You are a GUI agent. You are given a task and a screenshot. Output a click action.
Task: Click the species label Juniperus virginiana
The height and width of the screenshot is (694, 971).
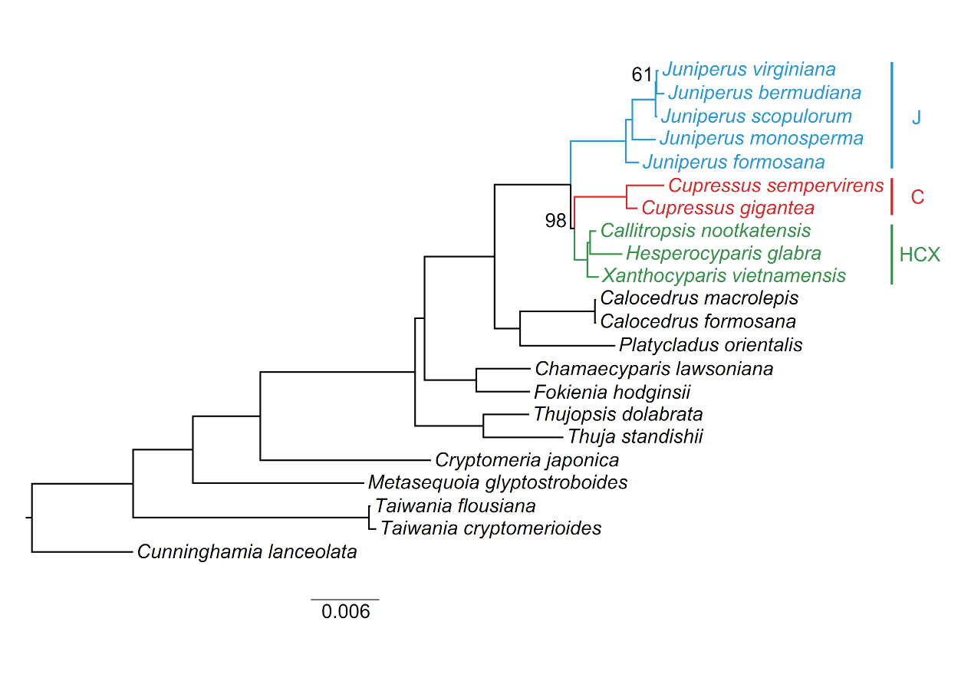749,70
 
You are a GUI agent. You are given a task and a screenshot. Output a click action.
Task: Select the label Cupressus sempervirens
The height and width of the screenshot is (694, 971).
775,186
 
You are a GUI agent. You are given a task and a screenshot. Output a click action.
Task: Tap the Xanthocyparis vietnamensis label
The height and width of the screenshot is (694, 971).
723,275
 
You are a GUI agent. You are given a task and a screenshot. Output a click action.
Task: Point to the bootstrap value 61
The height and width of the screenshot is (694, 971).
641,74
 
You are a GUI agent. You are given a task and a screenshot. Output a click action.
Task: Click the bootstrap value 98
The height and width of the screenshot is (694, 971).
555,221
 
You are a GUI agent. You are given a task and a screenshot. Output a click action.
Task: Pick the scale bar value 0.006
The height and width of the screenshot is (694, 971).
345,612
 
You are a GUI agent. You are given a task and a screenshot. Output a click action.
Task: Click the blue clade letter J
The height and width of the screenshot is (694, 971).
916,117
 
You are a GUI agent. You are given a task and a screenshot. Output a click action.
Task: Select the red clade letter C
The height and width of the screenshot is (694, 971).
917,197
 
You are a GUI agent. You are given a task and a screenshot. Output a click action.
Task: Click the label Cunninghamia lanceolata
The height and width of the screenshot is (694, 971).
247,551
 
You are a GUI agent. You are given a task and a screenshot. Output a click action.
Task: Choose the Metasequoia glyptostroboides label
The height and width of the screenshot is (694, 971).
498,482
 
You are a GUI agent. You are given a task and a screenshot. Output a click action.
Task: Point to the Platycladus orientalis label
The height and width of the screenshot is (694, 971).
710,345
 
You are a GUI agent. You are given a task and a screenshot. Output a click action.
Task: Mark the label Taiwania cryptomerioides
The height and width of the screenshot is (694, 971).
491,528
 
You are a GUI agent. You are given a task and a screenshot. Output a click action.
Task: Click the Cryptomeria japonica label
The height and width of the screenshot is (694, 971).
526,460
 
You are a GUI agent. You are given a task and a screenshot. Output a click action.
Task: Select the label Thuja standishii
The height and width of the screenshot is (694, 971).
635,437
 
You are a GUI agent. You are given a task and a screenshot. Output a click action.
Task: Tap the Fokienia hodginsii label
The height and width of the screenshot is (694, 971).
612,393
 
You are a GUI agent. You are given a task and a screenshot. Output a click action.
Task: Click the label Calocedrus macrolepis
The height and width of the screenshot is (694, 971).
699,298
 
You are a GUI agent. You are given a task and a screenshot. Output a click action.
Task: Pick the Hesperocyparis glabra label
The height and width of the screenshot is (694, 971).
723,253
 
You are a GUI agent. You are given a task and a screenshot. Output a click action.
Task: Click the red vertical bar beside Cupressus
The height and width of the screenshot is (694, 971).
891,197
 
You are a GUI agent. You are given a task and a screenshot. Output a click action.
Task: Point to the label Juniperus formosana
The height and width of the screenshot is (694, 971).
733,162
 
